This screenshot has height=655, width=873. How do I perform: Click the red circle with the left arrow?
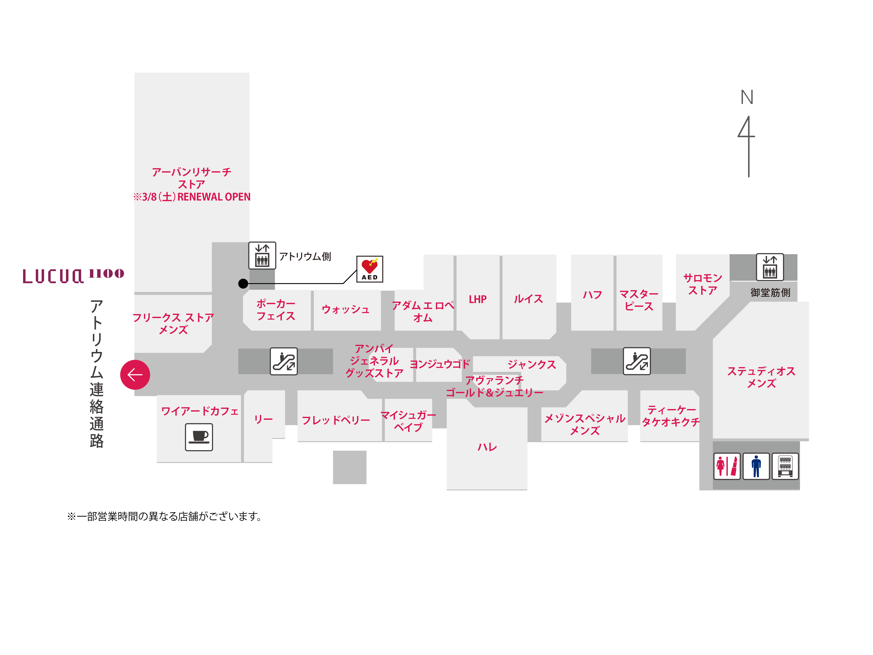135,375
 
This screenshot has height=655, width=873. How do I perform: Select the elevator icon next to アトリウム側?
262,255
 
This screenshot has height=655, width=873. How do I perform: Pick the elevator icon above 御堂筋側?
769,267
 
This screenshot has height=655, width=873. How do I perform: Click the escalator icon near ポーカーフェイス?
284,361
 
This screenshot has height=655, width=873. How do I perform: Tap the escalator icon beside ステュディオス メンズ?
637,361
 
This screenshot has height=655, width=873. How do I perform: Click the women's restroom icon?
727,466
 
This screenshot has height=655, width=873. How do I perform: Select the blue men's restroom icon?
756,466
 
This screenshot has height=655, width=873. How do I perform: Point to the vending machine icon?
785,466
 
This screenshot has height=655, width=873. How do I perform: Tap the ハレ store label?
487,447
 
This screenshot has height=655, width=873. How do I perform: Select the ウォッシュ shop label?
346,309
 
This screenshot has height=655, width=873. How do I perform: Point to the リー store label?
263,419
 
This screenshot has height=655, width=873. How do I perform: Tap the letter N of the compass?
747,97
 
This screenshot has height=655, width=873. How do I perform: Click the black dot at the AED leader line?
243,283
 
